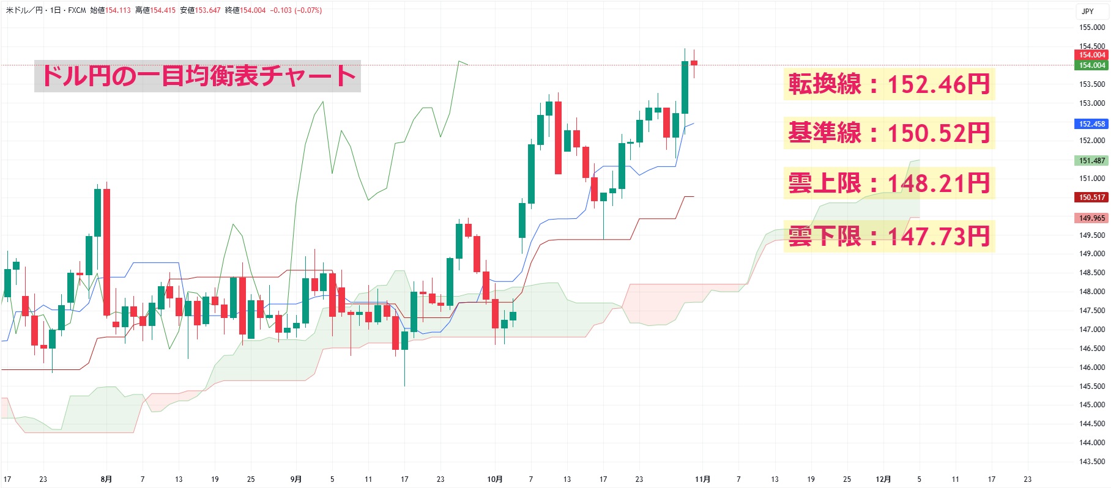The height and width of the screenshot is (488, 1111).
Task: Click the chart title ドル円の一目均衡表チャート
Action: [197, 76]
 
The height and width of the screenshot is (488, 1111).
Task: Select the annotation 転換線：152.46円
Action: [888, 84]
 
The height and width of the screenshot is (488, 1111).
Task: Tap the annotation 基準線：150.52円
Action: [888, 133]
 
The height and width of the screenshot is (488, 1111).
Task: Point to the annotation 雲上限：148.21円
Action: [888, 183]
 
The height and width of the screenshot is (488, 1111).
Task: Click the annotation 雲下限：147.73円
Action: [888, 236]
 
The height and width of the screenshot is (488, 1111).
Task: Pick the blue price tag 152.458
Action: [1091, 124]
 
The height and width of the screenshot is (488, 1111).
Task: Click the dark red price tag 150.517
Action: [1091, 198]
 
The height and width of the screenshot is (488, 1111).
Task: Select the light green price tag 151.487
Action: [1091, 161]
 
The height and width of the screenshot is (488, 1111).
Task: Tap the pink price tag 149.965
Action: [1091, 218]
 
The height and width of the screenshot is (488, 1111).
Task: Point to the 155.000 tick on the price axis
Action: [1092, 28]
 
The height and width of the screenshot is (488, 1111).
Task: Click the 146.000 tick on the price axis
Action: [1092, 368]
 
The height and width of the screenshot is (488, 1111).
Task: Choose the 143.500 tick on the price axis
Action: [1092, 462]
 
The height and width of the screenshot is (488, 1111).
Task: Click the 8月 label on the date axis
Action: [106, 479]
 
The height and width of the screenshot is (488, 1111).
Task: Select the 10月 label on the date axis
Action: [494, 479]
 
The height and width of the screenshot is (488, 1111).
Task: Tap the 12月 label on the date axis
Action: [883, 479]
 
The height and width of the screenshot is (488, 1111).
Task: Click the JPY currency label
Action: [1087, 12]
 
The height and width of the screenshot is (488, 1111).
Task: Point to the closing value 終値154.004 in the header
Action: [245, 10]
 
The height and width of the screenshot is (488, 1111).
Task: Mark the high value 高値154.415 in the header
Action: [155, 10]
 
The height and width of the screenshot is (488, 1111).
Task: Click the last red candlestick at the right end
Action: [694, 62]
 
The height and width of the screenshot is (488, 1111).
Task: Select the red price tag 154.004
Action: [1091, 55]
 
